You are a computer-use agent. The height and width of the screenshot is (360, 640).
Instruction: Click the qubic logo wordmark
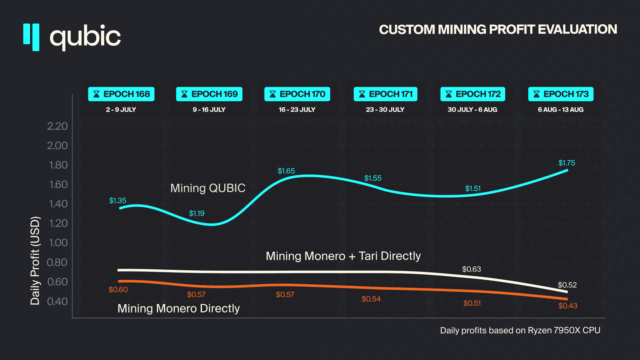click(x=85, y=37)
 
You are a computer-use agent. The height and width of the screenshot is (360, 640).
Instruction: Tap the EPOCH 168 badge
click(x=121, y=94)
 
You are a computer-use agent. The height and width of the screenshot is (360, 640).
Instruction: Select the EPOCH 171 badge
click(x=385, y=94)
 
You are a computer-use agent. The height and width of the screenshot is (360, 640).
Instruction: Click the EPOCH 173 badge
click(x=561, y=94)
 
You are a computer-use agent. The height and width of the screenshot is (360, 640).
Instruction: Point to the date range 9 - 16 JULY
click(x=209, y=110)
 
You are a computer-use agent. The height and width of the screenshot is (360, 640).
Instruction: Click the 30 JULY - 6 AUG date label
click(x=472, y=110)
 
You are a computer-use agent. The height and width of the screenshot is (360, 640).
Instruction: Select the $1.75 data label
click(x=567, y=163)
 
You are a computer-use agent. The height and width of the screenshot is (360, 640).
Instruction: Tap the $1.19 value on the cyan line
click(x=197, y=213)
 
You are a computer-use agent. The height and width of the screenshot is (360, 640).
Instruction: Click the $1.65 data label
click(x=286, y=171)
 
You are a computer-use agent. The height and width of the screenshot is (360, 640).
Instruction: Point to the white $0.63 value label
click(x=472, y=269)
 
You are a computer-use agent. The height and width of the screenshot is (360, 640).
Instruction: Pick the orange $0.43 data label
click(x=567, y=306)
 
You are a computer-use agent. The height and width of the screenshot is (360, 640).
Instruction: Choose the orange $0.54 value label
click(x=371, y=299)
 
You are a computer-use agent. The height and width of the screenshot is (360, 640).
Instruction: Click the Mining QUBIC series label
click(x=208, y=188)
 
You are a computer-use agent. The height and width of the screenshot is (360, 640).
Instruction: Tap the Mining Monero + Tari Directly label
click(x=343, y=256)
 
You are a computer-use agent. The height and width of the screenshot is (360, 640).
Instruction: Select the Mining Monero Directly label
click(x=178, y=308)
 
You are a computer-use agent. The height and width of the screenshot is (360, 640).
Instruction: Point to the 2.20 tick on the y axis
click(x=57, y=126)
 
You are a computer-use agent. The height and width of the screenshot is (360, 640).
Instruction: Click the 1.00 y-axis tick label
click(x=58, y=243)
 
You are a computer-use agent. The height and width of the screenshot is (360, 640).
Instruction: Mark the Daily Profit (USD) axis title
click(x=35, y=261)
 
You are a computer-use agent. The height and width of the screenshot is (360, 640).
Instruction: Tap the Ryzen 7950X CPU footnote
click(x=520, y=330)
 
